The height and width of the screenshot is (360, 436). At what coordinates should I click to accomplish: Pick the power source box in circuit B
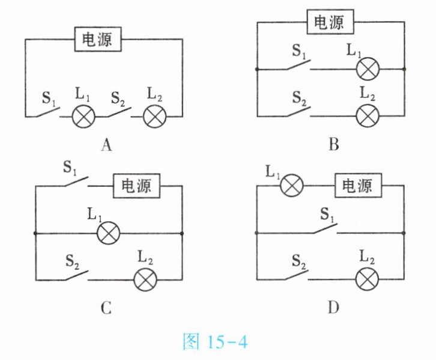coord(329,23)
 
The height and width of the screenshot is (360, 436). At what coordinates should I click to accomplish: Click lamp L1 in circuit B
coord(368,70)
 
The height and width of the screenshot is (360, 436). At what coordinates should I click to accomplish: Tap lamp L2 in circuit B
coord(368,115)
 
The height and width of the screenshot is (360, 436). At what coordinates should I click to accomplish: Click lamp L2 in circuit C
coord(144,279)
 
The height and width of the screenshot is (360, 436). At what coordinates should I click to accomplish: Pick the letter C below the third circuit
coord(106,309)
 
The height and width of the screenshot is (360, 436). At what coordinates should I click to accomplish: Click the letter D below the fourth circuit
coord(333,308)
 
